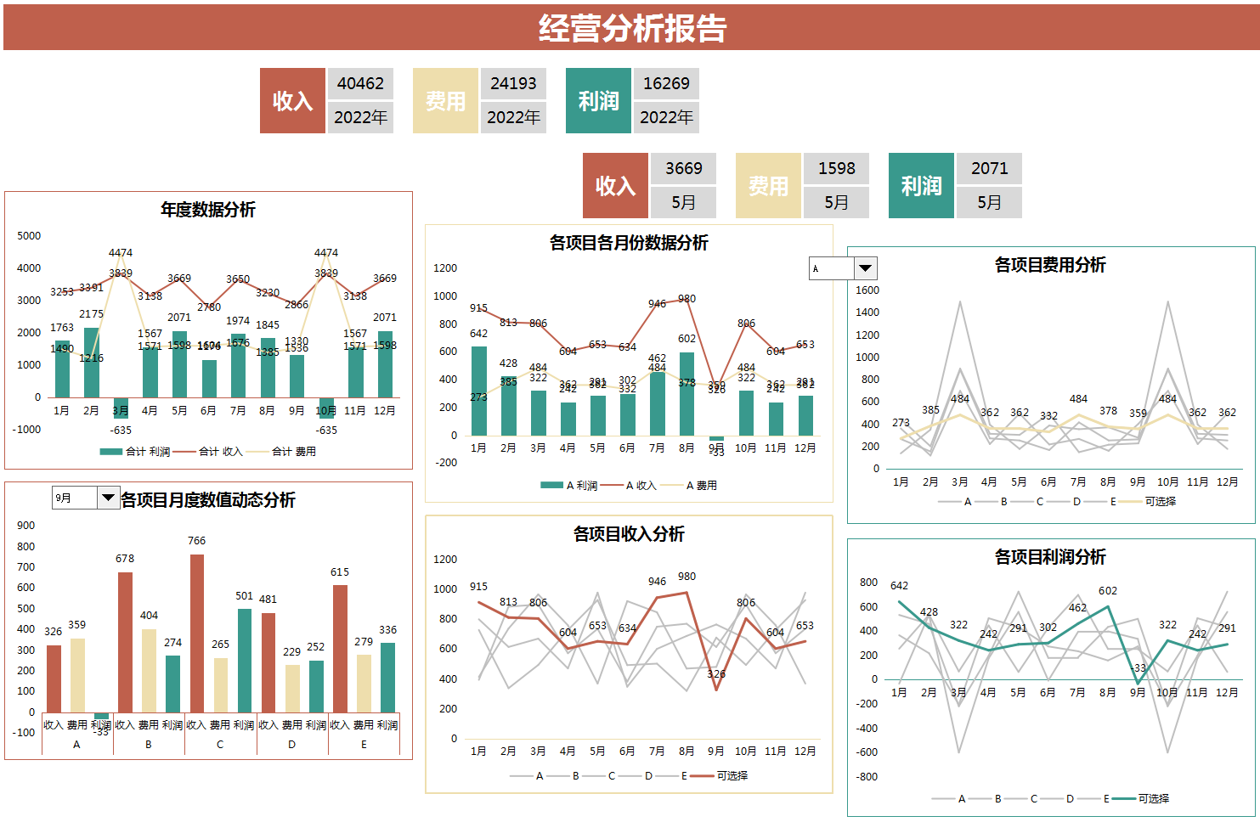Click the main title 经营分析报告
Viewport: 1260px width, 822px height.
pyautogui.click(x=632, y=28)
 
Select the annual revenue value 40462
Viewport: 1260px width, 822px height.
pyautogui.click(x=360, y=83)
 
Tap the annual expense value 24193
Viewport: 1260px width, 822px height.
pyautogui.click(x=513, y=83)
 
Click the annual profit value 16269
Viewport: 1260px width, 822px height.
pyautogui.click(x=666, y=83)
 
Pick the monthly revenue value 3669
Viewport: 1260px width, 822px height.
pyautogui.click(x=683, y=168)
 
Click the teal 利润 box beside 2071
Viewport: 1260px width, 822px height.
pyautogui.click(x=921, y=186)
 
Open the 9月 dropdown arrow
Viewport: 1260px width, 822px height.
pyautogui.click(x=108, y=498)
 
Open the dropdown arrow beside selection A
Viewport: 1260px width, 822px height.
pyautogui.click(x=865, y=268)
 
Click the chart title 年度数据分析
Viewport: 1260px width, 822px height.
pyautogui.click(x=208, y=210)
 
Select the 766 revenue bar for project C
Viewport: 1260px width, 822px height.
pyautogui.click(x=197, y=633)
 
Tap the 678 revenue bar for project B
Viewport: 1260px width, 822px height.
pyautogui.click(x=125, y=641)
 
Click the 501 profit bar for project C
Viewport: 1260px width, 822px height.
pyautogui.click(x=245, y=660)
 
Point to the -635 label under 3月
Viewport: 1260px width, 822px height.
pyautogui.click(x=121, y=430)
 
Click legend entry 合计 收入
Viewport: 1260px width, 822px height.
pyautogui.click(x=220, y=452)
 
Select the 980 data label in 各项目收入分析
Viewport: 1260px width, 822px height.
pyautogui.click(x=687, y=577)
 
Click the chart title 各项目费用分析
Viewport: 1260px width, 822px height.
pyautogui.click(x=1050, y=265)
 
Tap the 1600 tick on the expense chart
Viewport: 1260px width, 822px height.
pyautogui.click(x=867, y=290)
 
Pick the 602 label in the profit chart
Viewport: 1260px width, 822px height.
pyautogui.click(x=1108, y=591)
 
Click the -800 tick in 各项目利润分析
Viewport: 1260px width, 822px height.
pyautogui.click(x=867, y=777)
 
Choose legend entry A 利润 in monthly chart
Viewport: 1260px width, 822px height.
pyautogui.click(x=580, y=486)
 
